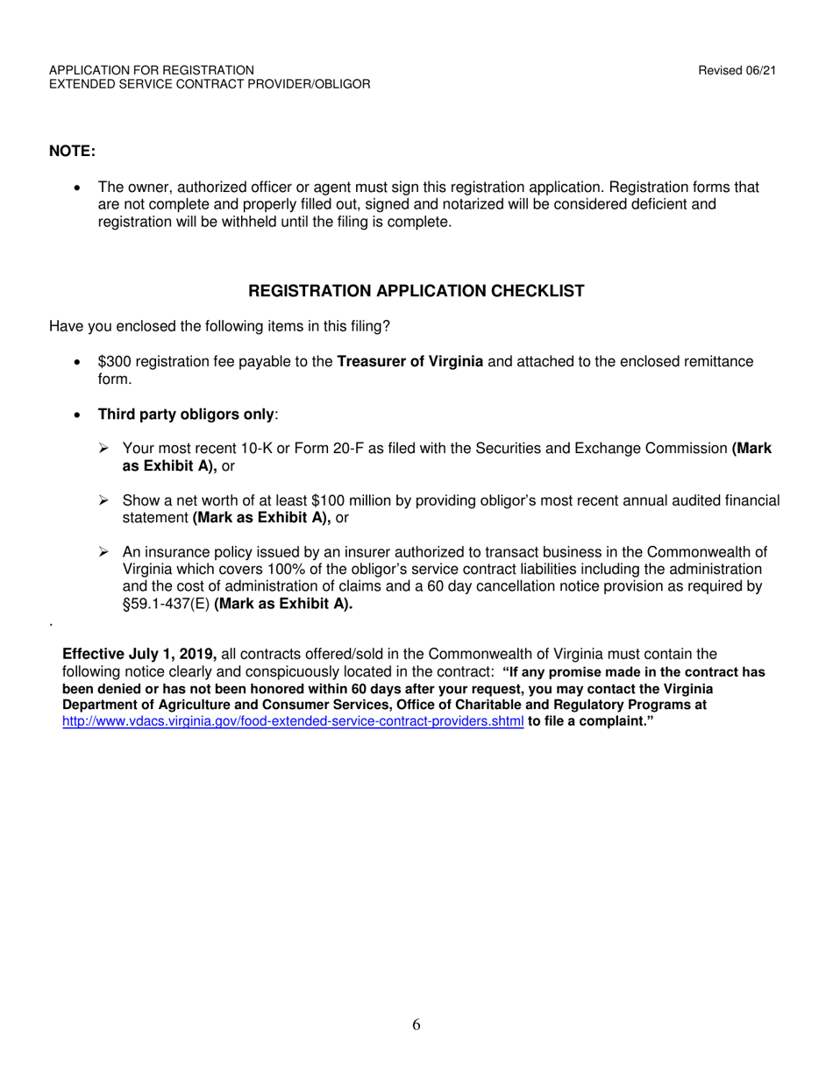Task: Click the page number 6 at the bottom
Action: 416,1025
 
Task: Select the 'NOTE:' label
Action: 72,152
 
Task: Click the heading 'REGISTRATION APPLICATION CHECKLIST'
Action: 416,291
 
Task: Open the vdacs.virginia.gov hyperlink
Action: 293,721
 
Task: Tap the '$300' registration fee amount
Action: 113,361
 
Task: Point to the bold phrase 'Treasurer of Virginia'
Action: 410,361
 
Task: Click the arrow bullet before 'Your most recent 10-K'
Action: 104,449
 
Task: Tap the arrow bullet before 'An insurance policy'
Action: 104,552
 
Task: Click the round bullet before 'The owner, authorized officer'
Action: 80,188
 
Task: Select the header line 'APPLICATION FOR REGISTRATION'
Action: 152,70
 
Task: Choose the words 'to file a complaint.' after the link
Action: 591,721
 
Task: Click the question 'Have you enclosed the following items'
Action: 219,327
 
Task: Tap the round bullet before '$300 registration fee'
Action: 80,362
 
